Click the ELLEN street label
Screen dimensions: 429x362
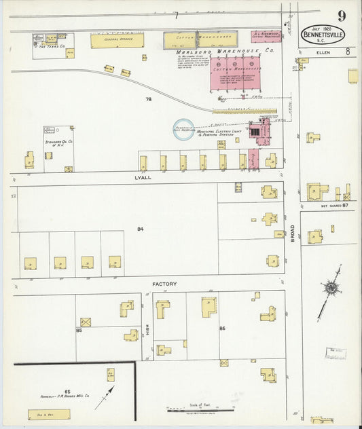(x=322, y=52)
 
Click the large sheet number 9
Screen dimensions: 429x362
(x=340, y=16)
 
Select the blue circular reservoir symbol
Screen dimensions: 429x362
(x=183, y=130)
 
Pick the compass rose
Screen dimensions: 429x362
(x=331, y=288)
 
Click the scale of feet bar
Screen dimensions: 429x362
(x=200, y=409)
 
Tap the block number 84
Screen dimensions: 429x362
(x=140, y=229)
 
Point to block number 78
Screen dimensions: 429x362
(x=148, y=99)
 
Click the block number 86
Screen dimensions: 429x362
(x=222, y=328)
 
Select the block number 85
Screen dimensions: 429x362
(x=79, y=331)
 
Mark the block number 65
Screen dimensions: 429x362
(x=67, y=392)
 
